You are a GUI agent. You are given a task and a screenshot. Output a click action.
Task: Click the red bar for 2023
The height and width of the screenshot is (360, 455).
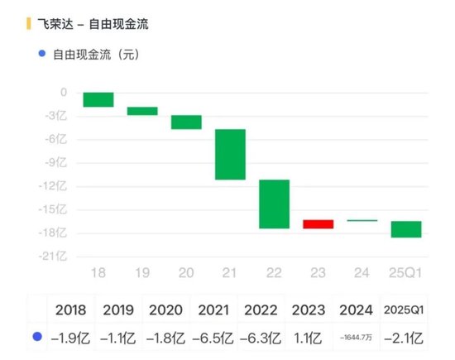318,224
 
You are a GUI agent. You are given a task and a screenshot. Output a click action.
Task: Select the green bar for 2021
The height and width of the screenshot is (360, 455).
230,155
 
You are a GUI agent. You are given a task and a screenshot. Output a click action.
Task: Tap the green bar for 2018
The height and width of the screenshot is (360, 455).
98,100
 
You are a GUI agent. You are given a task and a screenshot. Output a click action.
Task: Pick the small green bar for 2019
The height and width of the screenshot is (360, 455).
142,111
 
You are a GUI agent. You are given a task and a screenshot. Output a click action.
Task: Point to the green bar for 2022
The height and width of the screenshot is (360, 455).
274,204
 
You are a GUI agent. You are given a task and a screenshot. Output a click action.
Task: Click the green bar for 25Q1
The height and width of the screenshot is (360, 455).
406,229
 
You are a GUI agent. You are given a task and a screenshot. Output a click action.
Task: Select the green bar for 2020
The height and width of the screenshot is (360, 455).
186,122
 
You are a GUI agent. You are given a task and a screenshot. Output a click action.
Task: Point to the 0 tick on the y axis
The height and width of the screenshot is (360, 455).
64,93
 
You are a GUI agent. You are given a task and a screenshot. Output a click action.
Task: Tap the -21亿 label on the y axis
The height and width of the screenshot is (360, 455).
56,257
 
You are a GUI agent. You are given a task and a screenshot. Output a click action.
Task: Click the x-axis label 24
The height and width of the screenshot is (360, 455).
362,272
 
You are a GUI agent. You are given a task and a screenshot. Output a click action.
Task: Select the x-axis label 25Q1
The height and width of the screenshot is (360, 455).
406,272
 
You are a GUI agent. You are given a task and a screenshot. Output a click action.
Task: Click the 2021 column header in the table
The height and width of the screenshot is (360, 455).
214,310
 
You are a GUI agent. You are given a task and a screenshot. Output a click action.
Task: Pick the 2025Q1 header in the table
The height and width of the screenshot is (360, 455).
404,310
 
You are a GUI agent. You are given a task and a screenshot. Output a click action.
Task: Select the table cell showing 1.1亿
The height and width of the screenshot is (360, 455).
309,338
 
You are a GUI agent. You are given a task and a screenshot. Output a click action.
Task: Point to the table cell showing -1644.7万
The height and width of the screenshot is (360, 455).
356,338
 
